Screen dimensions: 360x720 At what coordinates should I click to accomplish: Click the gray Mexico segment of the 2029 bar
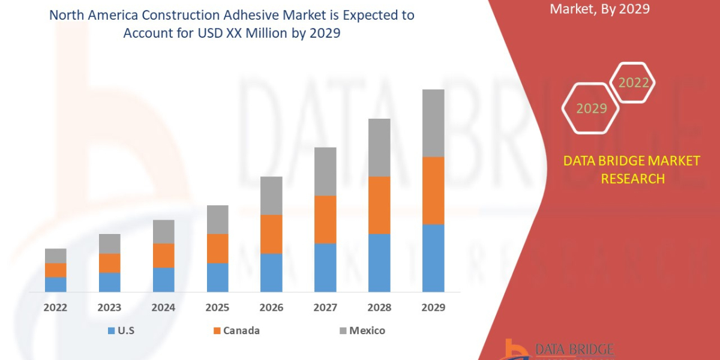pyautogui.click(x=433, y=123)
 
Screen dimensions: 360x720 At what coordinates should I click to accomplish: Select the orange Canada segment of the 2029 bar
pyautogui.click(x=433, y=190)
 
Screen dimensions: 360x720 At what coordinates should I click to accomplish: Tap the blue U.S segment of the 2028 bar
pyautogui.click(x=379, y=262)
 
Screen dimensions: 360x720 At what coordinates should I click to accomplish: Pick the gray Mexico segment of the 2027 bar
pyautogui.click(x=325, y=171)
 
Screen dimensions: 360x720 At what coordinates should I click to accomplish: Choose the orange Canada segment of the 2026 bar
pyautogui.click(x=271, y=234)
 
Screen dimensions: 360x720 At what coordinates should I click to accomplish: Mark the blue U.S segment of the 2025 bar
pyautogui.click(x=217, y=277)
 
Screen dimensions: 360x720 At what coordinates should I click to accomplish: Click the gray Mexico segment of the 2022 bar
pyautogui.click(x=55, y=256)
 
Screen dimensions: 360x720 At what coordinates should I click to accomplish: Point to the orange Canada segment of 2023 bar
pyautogui.click(x=109, y=263)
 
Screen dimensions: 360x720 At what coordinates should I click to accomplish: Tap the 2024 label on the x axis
pyautogui.click(x=163, y=308)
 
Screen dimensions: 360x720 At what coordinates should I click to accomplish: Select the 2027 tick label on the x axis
pyautogui.click(x=325, y=308)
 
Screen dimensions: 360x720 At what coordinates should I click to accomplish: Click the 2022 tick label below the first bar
pyautogui.click(x=55, y=308)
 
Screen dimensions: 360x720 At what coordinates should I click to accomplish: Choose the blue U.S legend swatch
pyautogui.click(x=110, y=331)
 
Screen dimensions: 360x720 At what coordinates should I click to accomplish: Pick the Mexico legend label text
pyautogui.click(x=367, y=331)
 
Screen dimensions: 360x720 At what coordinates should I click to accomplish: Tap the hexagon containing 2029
pyautogui.click(x=591, y=109)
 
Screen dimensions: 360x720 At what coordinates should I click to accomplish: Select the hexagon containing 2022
pyautogui.click(x=634, y=83)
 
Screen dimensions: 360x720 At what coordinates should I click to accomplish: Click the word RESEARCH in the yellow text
pyautogui.click(x=632, y=178)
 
